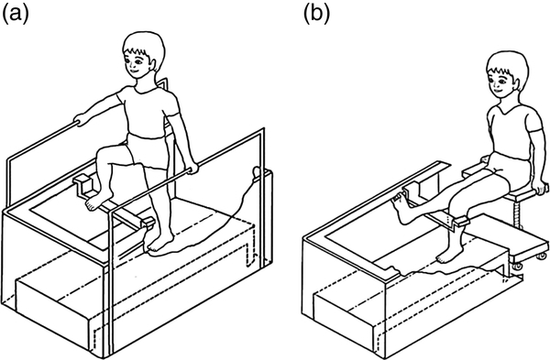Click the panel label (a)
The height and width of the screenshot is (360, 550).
point(15,15)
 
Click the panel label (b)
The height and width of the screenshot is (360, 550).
point(317,15)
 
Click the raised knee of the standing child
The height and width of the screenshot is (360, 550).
point(102,154)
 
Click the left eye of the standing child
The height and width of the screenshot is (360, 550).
point(139,61)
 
